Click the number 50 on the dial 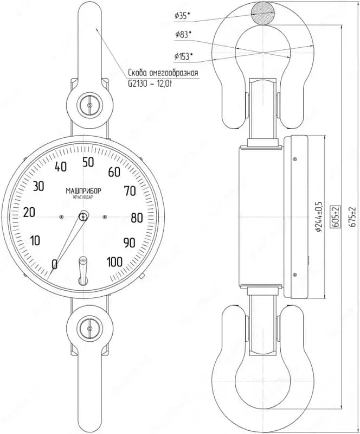tap(88, 162)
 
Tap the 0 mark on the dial tap(55, 264)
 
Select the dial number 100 tap(114, 262)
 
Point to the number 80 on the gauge tap(137, 218)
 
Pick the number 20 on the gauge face tap(29, 213)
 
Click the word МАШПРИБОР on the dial tap(83, 191)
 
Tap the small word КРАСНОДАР tap(83, 197)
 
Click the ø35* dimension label tap(182, 16)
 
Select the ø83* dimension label tap(183, 35)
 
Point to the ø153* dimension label tap(183, 56)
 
